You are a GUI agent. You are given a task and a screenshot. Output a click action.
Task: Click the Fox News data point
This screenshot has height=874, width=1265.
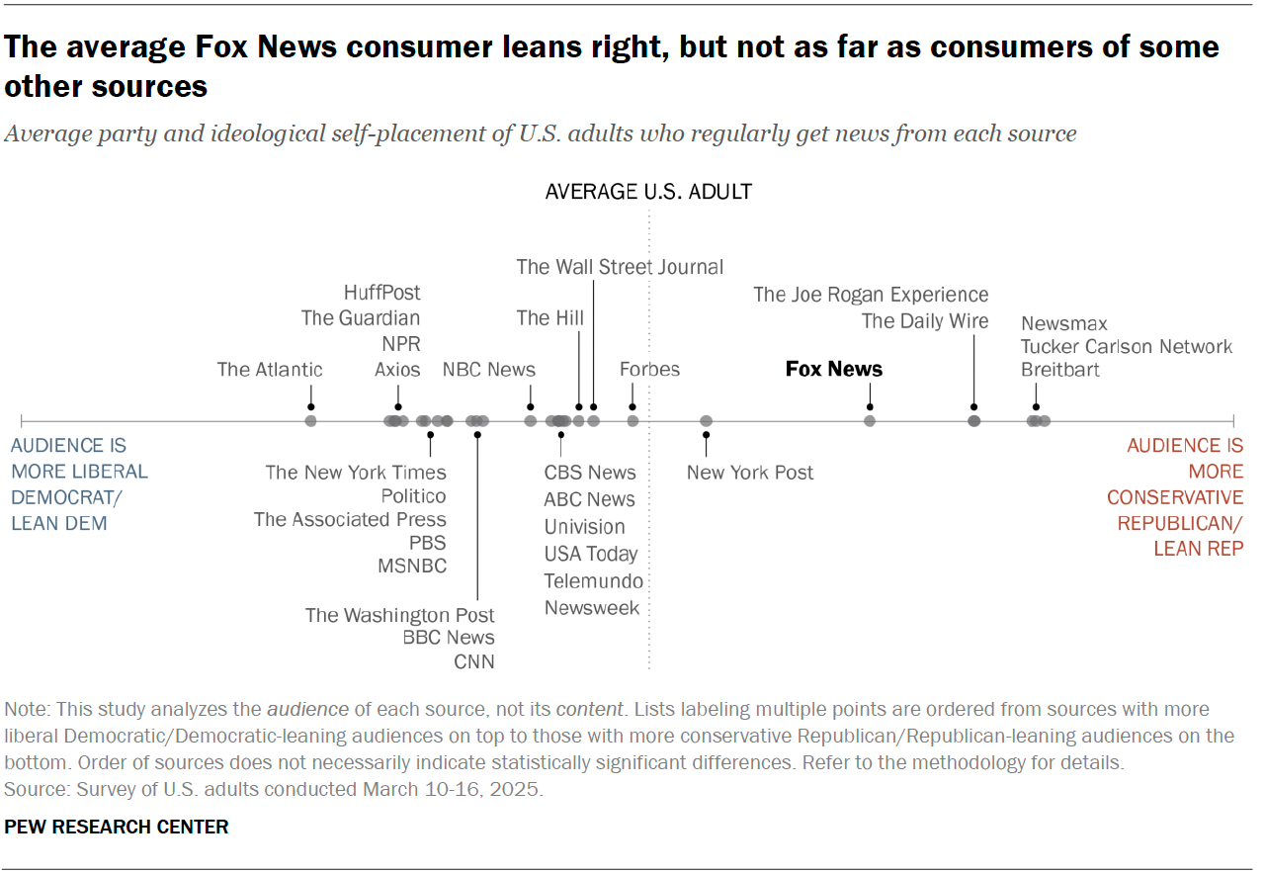pyautogui.click(x=870, y=421)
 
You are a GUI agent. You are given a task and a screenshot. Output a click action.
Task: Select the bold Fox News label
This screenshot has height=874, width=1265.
pyautogui.click(x=833, y=369)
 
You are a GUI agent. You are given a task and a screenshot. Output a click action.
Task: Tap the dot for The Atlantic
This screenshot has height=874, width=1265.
pyautogui.click(x=310, y=421)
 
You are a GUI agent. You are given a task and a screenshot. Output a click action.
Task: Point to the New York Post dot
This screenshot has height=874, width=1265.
pyautogui.click(x=706, y=421)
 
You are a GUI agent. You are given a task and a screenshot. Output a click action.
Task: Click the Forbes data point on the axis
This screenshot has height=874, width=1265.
pyautogui.click(x=632, y=421)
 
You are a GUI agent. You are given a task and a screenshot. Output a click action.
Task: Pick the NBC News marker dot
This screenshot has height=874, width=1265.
pyautogui.click(x=531, y=421)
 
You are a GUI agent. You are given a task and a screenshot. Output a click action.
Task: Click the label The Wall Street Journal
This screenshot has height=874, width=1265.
pyautogui.click(x=620, y=267)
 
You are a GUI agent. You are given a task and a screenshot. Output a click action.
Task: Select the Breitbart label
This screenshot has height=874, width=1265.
pyautogui.click(x=1060, y=370)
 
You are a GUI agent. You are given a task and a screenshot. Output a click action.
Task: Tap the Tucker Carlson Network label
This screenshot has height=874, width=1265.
pyautogui.click(x=1127, y=346)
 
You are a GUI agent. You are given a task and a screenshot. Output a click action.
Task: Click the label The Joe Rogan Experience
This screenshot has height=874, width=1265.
pyautogui.click(x=870, y=295)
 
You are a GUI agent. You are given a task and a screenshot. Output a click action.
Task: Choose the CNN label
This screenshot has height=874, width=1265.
pyautogui.click(x=474, y=661)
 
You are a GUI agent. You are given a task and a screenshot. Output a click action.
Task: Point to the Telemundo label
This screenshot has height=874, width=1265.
pyautogui.click(x=593, y=581)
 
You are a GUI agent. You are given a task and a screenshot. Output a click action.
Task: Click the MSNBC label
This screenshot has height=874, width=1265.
pyautogui.click(x=412, y=566)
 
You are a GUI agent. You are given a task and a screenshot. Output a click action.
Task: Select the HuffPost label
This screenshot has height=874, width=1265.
pyautogui.click(x=381, y=293)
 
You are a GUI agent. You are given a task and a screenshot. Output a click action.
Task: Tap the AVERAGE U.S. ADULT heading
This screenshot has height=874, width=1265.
pyautogui.click(x=648, y=192)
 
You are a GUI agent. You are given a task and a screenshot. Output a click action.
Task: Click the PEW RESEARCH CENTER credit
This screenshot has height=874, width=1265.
pyautogui.click(x=117, y=827)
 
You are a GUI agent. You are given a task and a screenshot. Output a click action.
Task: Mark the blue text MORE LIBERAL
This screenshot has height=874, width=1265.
pyautogui.click(x=79, y=472)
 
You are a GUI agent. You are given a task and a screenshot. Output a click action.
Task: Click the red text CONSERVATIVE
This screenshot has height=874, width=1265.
pyautogui.click(x=1175, y=497)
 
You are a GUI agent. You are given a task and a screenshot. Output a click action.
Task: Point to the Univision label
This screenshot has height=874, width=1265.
pyautogui.click(x=584, y=527)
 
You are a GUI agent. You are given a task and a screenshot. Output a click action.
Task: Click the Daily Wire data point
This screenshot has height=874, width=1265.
pyautogui.click(x=974, y=421)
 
